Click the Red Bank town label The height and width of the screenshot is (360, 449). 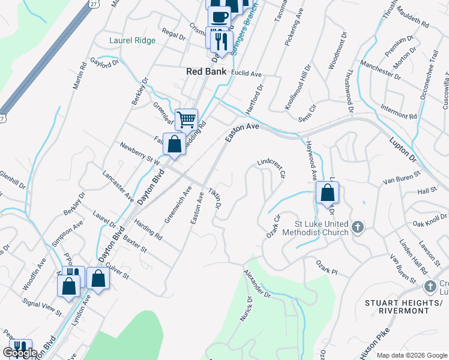point(206,71)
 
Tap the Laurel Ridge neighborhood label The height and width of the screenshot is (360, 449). point(133,41)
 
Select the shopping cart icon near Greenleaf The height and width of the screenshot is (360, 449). point(186,119)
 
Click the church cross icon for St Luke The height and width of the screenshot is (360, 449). point(358,227)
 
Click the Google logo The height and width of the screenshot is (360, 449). point(20,353)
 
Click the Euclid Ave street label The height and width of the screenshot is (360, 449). point(248,74)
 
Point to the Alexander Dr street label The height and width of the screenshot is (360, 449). point(258,283)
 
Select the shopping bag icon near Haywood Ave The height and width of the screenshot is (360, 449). point(327,193)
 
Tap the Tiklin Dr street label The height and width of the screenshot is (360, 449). point(214,198)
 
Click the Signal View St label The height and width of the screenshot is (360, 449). point(41,306)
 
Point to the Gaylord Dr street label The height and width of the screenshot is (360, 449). point(105,64)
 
